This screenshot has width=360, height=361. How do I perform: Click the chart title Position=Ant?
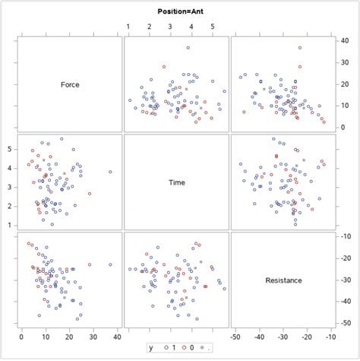tap(179, 11)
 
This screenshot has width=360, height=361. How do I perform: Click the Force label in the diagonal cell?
tap(70, 84)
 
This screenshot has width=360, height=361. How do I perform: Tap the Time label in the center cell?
tap(176, 182)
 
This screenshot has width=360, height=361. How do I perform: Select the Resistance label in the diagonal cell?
tap(283, 280)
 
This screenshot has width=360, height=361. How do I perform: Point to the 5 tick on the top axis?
tap(213, 27)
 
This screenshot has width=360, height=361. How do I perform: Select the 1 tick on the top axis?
tap(128, 27)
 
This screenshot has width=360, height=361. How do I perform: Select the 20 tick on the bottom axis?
tap(70, 337)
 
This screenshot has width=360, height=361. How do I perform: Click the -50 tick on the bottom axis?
tap(235, 337)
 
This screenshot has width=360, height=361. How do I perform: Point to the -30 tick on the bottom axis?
tap(283, 337)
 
